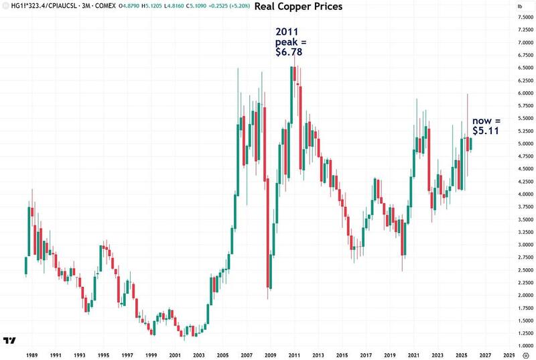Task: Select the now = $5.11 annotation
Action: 486,125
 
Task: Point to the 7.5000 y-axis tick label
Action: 516,17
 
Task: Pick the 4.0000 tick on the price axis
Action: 516,194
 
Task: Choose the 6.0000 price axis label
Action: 516,93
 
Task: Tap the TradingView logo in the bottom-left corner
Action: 10,341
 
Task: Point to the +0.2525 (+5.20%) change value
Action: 226,7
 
